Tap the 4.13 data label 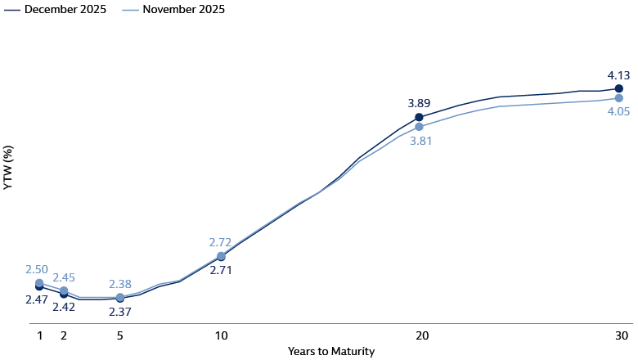click(618, 72)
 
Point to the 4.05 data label click(618, 111)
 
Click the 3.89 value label click(419, 103)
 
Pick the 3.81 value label click(420, 141)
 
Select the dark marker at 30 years click(619, 88)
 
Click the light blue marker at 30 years click(619, 98)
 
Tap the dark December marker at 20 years click(419, 117)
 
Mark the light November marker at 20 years click(419, 127)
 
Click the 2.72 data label click(221, 242)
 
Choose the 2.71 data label click(221, 269)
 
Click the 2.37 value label click(120, 312)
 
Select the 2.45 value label click(65, 277)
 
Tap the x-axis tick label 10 click(221, 335)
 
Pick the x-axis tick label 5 click(120, 335)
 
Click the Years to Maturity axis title click(331, 352)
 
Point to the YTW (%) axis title click(8, 168)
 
